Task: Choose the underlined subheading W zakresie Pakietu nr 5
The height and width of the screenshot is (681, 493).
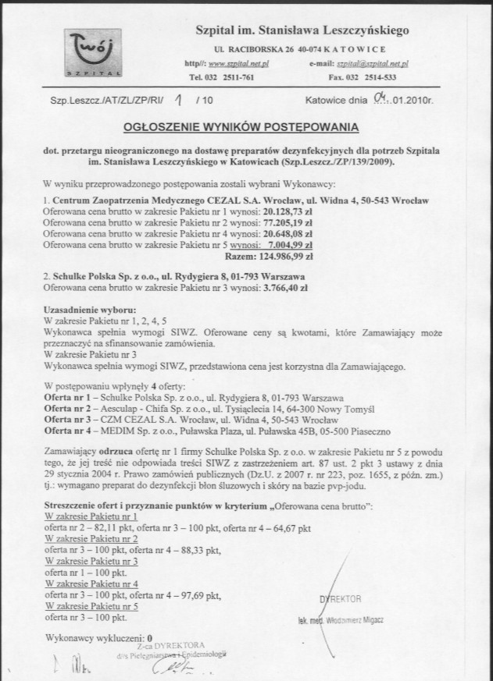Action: click(x=92, y=605)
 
